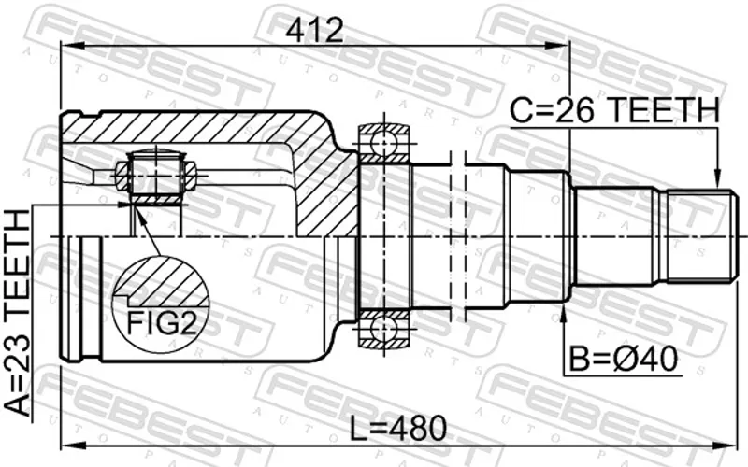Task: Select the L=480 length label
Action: click(398, 428)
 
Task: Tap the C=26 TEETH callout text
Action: click(614, 109)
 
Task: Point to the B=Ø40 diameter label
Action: click(624, 359)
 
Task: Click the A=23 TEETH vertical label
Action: click(17, 313)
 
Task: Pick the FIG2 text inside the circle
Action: click(161, 323)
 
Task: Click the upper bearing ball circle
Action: click(384, 142)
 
